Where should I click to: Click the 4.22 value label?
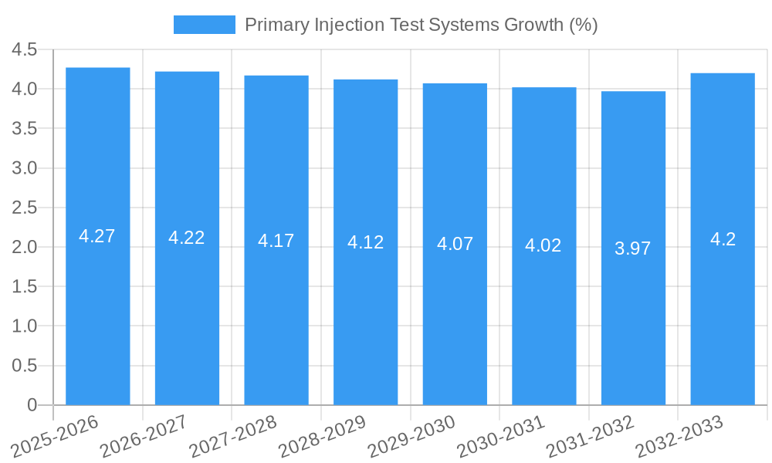[187, 238]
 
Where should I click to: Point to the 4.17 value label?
[276, 241]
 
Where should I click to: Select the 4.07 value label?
[455, 245]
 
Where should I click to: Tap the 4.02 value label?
[543, 246]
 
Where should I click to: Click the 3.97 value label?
[633, 248]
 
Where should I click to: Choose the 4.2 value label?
[723, 239]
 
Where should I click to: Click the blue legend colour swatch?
[204, 25]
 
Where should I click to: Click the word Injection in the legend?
[341, 25]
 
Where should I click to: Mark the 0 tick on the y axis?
[32, 405]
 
